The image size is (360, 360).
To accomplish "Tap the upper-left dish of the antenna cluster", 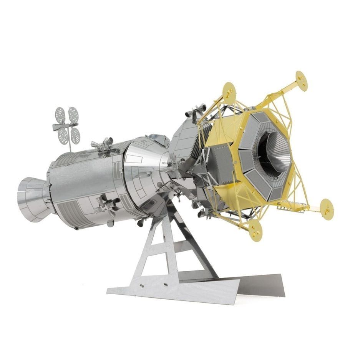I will coord(60,114).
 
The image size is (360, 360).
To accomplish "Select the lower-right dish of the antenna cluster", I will coord(75,136).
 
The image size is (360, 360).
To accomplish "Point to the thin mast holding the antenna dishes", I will coord(70,142).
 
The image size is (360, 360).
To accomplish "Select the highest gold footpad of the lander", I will coord(302,80).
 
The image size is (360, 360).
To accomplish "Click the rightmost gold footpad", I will coord(327,209).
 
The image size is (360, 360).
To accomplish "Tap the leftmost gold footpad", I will coord(229,92).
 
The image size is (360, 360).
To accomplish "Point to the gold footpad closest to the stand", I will coord(255,230).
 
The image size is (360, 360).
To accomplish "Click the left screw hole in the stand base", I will coord(141,286).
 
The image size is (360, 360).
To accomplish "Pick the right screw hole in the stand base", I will coord(166,285).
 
